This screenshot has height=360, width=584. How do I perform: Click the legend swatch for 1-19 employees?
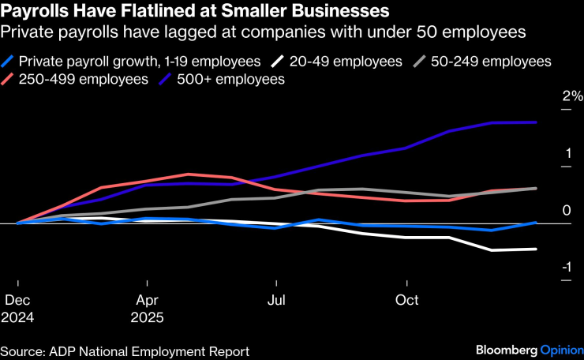tap(8, 62)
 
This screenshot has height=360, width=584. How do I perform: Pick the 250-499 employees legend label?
tap(84, 80)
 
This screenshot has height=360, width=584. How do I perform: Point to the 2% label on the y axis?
tap(572, 96)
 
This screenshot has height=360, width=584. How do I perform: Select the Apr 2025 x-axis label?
tap(147, 309)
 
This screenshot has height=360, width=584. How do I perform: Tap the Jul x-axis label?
tap(276, 301)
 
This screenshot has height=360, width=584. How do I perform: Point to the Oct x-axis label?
tap(406, 301)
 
